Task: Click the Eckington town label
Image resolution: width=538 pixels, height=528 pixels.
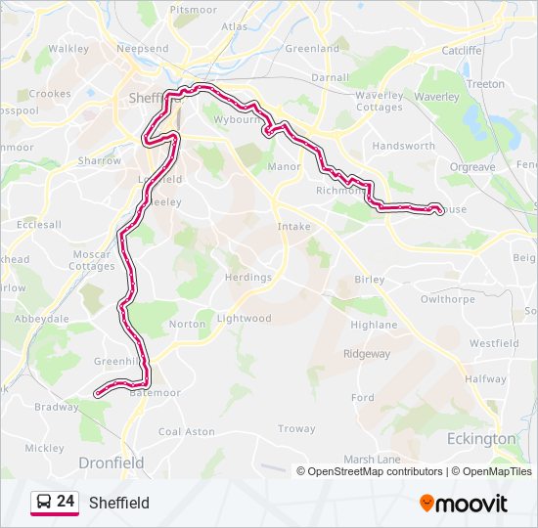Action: pyautogui.click(x=480, y=439)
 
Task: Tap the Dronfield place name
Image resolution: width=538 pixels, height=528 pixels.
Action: pyautogui.click(x=111, y=462)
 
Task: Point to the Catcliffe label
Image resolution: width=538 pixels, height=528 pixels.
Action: pyautogui.click(x=462, y=50)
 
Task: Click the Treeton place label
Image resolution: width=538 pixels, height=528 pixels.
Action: pyautogui.click(x=485, y=84)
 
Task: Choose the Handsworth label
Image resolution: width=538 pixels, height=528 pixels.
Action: pyautogui.click(x=404, y=146)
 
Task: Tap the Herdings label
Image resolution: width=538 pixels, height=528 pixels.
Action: pyautogui.click(x=247, y=278)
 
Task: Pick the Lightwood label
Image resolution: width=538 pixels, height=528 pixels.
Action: pyautogui.click(x=244, y=319)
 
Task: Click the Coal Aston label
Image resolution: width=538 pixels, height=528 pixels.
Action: pyautogui.click(x=186, y=431)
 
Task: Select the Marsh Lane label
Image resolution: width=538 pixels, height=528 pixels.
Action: pyautogui.click(x=373, y=459)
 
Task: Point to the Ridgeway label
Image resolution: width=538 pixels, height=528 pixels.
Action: pyautogui.click(x=366, y=354)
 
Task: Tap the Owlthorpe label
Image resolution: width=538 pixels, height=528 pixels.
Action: pyautogui.click(x=447, y=299)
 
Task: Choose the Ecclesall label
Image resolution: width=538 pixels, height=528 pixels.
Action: pyautogui.click(x=39, y=224)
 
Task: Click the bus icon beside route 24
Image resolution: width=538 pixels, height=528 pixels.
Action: pyautogui.click(x=43, y=503)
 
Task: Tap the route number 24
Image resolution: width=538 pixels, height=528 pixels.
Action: pyautogui.click(x=66, y=502)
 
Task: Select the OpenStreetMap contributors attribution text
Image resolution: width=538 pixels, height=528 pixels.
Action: pyautogui.click(x=370, y=471)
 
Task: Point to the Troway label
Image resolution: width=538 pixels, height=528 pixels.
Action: pyautogui.click(x=296, y=428)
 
